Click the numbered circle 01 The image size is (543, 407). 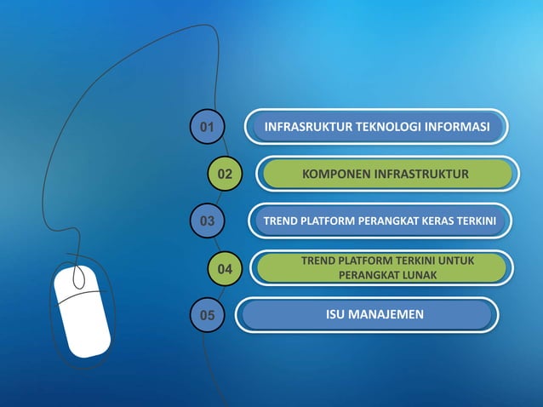pyautogui.click(x=206, y=128)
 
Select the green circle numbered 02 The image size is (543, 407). pyautogui.click(x=225, y=175)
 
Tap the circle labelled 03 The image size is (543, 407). pyautogui.click(x=206, y=221)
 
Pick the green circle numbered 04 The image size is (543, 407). pyautogui.click(x=225, y=269)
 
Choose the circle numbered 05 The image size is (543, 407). pyautogui.click(x=207, y=316)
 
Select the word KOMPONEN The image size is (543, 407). pyautogui.click(x=336, y=175)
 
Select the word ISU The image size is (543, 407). pyautogui.click(x=337, y=315)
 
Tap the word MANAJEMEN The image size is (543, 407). pyautogui.click(x=388, y=315)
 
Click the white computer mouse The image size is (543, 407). pyautogui.click(x=82, y=310)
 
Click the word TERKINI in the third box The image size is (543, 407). pyautogui.click(x=481, y=221)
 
